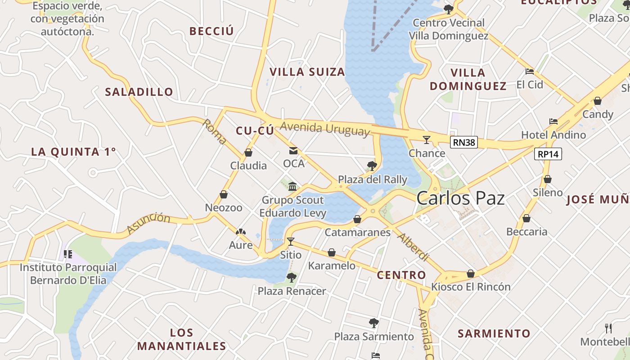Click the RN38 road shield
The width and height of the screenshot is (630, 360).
click(463, 143)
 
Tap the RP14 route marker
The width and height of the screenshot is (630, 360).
click(548, 154)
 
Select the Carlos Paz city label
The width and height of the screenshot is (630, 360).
click(460, 198)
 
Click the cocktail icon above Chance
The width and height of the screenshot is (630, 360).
click(427, 139)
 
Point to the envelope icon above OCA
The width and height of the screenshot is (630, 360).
click(293, 151)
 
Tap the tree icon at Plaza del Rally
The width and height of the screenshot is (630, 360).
click(372, 166)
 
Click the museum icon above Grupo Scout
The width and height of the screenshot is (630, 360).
click(292, 186)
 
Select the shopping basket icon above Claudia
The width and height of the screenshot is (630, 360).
click(248, 153)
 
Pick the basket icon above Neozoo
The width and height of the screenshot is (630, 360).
click(224, 195)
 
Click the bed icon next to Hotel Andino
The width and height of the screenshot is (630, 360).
click(553, 121)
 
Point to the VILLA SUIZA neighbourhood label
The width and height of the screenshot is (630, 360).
click(307, 72)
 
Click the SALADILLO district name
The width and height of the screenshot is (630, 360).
click(139, 92)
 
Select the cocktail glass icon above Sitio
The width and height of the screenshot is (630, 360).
click(291, 242)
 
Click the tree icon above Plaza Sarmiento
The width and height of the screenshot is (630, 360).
click(373, 323)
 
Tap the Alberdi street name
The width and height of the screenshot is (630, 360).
click(414, 247)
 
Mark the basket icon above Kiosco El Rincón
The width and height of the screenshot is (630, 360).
click(471, 274)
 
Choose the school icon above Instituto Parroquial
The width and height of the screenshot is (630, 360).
click(68, 254)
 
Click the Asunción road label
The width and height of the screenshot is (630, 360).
click(148, 223)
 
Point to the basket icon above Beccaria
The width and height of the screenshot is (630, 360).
click(526, 219)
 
